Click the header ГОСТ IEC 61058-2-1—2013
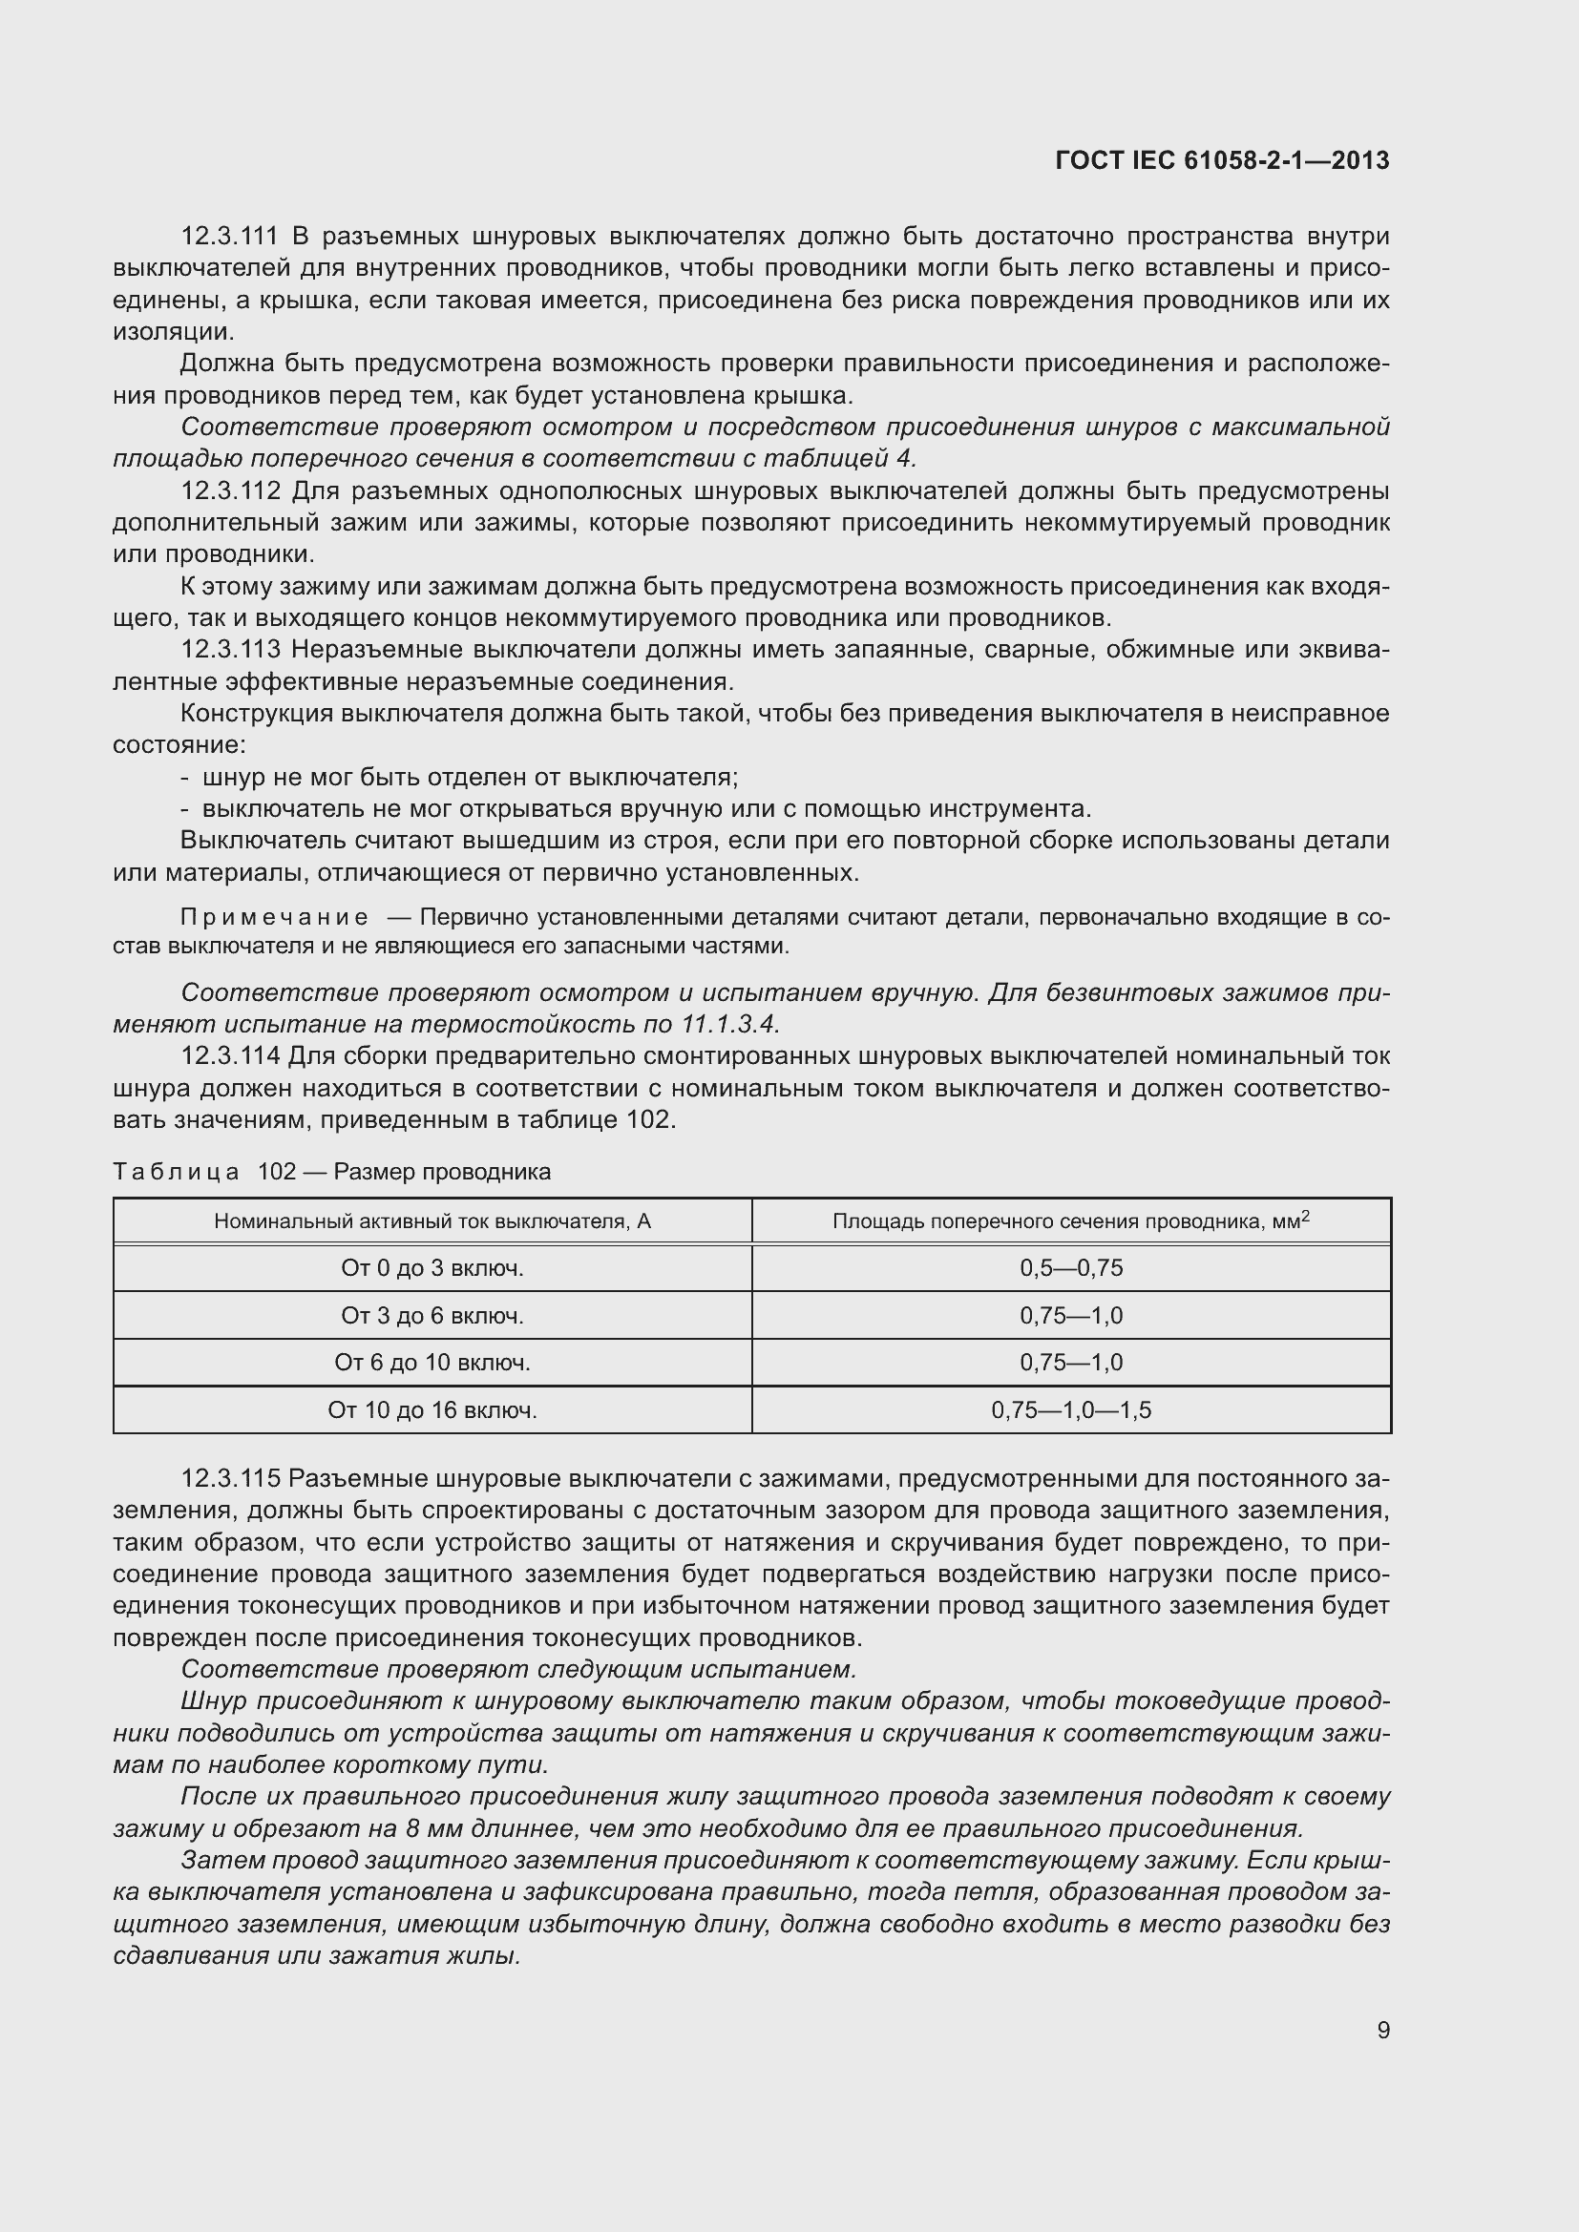(1221, 160)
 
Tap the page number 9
(1382, 2030)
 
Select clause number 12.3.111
(229, 237)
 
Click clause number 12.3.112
(230, 490)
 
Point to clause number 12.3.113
(230, 650)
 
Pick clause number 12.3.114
(230, 1055)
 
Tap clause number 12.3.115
(230, 1478)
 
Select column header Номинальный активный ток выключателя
(432, 1221)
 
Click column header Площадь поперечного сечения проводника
(1070, 1221)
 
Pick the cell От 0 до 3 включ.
(432, 1267)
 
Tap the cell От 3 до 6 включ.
(432, 1315)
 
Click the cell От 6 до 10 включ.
(432, 1362)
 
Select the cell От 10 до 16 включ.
(432, 1409)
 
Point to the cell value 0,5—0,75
(1070, 1267)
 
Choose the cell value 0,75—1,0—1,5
(1070, 1409)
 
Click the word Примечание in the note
(274, 918)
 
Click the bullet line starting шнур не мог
(470, 777)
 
